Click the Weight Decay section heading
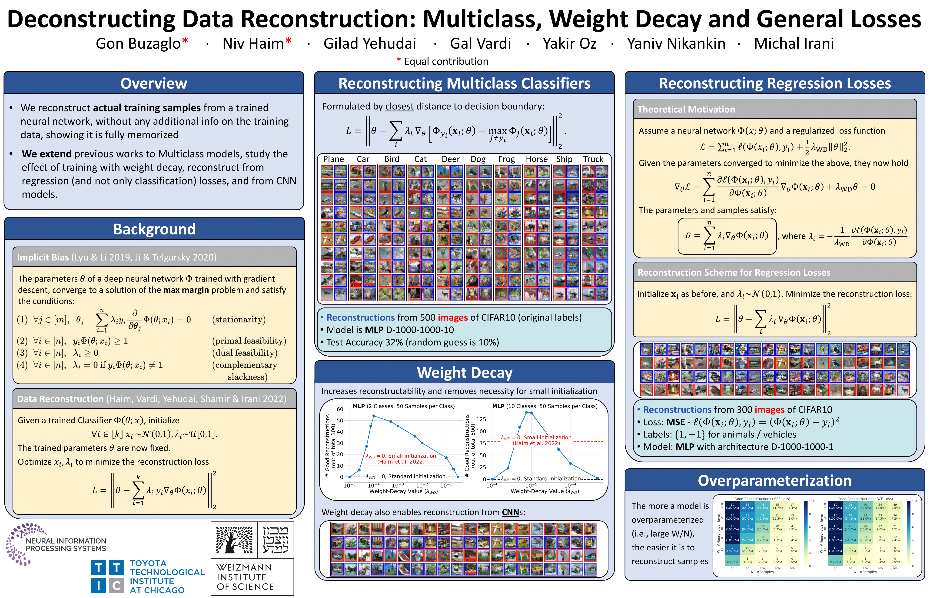coord(464,372)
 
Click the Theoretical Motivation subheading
coord(686,110)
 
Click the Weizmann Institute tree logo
coord(234,540)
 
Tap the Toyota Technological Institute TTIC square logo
coord(107,577)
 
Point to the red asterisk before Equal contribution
coord(399,60)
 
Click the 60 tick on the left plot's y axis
coord(340,409)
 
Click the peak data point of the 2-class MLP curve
coord(373,416)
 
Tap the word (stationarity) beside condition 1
coord(239,320)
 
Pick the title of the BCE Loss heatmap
coord(865,499)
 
